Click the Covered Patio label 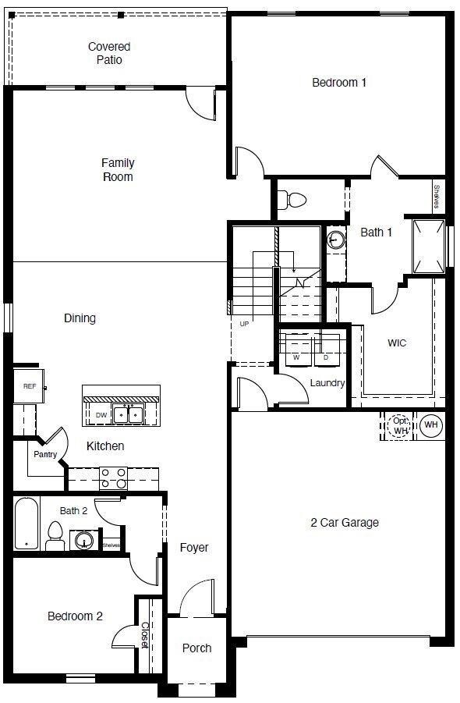tap(109, 53)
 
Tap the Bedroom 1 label tap(339, 83)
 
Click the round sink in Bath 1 tap(335, 240)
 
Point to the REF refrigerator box tap(29, 386)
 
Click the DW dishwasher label tap(101, 415)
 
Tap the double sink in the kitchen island tap(128, 415)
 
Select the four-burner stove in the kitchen tap(113, 478)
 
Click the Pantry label tap(45, 454)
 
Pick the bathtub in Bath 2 tap(27, 524)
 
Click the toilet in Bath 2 tap(55, 536)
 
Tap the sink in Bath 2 tap(83, 540)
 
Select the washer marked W tap(295, 350)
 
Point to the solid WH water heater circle tap(431, 424)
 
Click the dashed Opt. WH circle tap(400, 425)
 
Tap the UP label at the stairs tap(244, 324)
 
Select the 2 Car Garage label tap(345, 522)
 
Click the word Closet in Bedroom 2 tap(145, 635)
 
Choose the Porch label tap(196, 648)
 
